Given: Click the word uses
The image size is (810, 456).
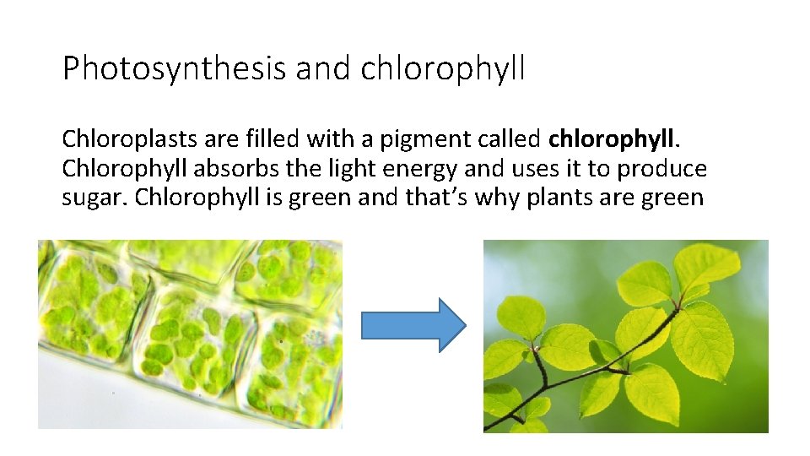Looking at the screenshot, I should pyautogui.click(x=533, y=169).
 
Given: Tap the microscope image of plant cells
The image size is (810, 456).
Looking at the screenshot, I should pyautogui.click(x=190, y=334).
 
